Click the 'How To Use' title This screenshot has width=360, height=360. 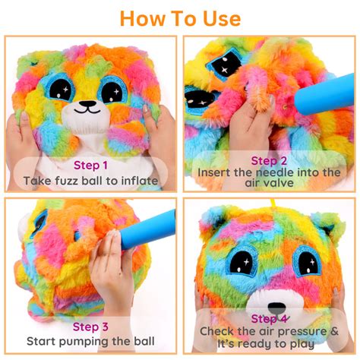180,17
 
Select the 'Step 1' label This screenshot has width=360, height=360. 90,164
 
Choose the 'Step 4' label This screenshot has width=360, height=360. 269,318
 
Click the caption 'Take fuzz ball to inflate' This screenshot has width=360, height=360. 90,181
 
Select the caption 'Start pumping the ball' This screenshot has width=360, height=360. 90,342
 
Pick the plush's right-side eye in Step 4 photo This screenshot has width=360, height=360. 308,261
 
